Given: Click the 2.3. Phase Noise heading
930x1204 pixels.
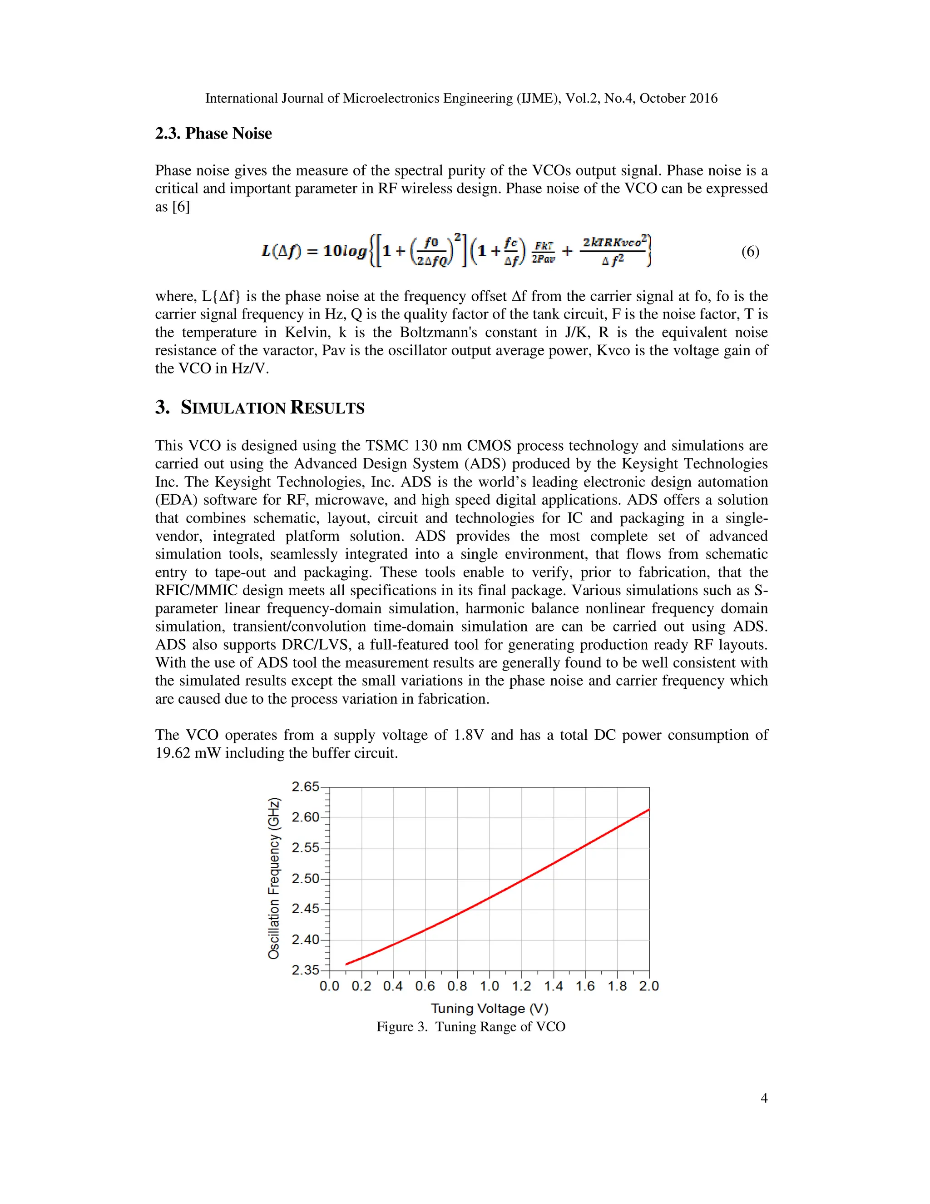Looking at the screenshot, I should (213, 134).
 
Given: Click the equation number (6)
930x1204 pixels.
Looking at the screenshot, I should (750, 252).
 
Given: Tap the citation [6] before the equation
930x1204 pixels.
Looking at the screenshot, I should (181, 207).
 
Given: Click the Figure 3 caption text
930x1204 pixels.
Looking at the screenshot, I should (471, 1026).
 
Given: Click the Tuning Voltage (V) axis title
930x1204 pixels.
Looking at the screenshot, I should (489, 1008).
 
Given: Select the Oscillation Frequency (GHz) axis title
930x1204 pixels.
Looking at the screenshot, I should (274, 878).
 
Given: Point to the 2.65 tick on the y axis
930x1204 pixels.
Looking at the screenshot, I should (305, 786).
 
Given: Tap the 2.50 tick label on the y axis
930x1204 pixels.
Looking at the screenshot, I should (305, 879).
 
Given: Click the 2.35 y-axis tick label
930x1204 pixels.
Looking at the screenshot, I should (305, 970).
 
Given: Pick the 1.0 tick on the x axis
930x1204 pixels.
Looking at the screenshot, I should (489, 986).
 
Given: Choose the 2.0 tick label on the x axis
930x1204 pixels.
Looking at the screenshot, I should (649, 986).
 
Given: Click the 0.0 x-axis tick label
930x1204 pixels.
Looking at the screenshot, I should (330, 986).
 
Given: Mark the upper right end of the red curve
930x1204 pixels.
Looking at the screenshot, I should (648, 810).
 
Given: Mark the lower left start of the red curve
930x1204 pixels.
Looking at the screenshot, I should (346, 964).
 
